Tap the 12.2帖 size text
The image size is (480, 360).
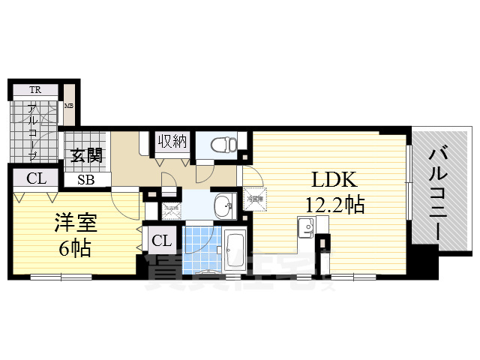[334, 204]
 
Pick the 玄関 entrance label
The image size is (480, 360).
[87, 157]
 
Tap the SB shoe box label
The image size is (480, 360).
[83, 180]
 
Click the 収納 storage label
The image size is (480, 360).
[172, 140]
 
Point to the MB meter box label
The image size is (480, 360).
[68, 106]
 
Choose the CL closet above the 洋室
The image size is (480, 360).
[34, 179]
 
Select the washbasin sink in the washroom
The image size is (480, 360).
[223, 204]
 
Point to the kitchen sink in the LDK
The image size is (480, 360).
[306, 226]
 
